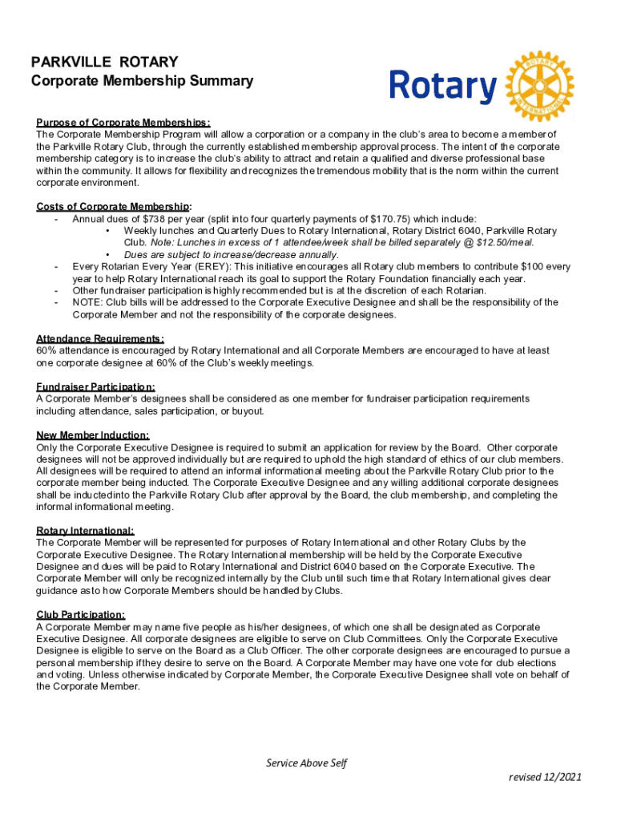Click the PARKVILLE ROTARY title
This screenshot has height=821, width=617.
[104, 62]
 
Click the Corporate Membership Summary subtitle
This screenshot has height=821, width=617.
[142, 81]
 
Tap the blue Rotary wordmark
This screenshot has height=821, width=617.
[443, 86]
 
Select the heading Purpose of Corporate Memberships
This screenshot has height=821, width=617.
[123, 123]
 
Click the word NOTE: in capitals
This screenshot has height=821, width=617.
[87, 302]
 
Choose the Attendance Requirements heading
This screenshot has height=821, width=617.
[100, 339]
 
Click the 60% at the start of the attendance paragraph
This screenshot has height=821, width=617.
[46, 350]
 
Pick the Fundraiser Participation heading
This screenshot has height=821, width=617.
[96, 387]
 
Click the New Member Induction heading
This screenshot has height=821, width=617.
[93, 435]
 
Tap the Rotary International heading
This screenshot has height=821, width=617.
[85, 531]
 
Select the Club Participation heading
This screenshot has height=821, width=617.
[80, 615]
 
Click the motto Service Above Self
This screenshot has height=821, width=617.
[307, 762]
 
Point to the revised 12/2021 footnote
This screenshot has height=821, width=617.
[546, 777]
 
